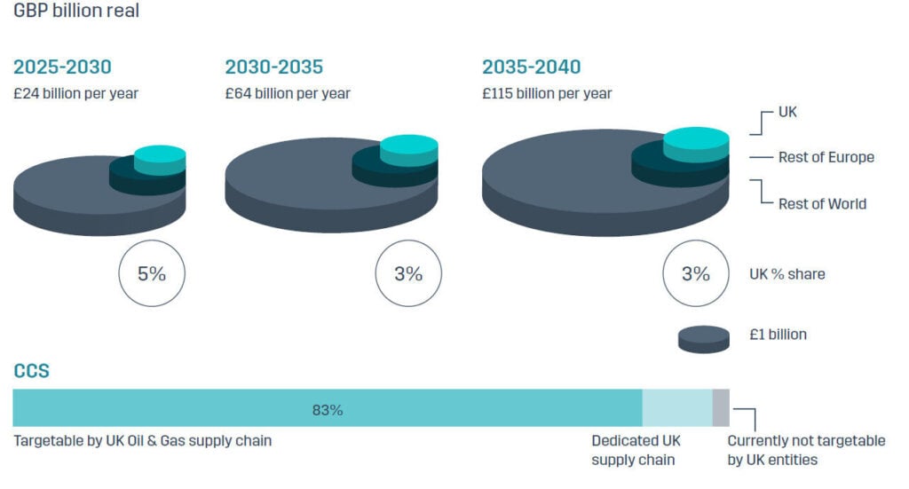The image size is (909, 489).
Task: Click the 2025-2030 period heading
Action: click(62, 67)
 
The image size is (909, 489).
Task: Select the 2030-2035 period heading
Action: click(273, 67)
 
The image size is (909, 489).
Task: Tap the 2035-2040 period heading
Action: click(531, 67)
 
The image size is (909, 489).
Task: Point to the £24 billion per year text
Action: click(75, 93)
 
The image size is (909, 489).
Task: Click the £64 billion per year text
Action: click(288, 93)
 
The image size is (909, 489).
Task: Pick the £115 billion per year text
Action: click(547, 93)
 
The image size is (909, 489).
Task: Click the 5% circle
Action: click(152, 273)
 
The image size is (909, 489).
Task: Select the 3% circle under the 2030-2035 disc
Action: click(408, 273)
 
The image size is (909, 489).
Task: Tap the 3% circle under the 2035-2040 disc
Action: click(696, 273)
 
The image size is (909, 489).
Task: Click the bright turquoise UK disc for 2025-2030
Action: click(160, 154)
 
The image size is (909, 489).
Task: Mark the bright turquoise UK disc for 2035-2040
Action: click(696, 138)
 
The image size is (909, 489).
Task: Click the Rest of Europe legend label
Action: click(826, 157)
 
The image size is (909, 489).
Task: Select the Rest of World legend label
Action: click(822, 203)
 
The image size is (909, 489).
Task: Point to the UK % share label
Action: click(786, 274)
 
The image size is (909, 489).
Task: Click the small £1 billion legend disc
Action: click(704, 339)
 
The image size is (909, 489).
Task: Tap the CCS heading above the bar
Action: click(31, 371)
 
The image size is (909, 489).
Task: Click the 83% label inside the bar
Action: click(327, 410)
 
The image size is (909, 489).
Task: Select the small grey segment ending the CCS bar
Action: click(721, 407)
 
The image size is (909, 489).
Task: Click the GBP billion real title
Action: click(75, 12)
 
